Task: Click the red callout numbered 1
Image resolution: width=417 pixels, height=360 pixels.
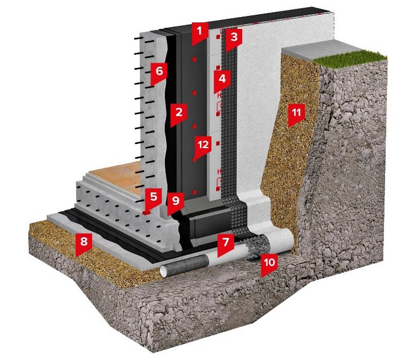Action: (200, 33)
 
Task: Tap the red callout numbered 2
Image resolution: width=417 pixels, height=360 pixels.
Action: (179, 114)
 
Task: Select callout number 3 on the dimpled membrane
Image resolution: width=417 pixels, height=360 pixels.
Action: (233, 39)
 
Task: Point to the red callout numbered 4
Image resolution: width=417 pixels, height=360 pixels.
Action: (222, 80)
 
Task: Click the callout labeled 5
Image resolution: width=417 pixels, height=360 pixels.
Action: (153, 199)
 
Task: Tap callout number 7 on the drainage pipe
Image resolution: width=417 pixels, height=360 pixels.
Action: (226, 244)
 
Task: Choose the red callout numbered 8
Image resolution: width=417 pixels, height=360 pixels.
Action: (84, 244)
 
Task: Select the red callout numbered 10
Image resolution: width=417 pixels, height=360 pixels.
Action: (269, 264)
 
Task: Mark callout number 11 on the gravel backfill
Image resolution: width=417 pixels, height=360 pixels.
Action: (297, 114)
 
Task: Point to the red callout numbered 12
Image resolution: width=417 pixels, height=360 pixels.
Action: (203, 148)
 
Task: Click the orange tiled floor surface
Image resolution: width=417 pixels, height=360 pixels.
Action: (117, 175)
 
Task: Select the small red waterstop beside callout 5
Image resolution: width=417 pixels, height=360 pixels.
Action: (146, 212)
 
